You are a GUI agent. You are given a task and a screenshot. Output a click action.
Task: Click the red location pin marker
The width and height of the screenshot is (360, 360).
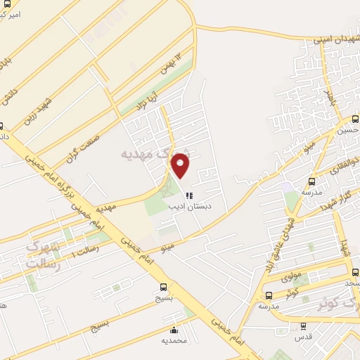click(x=181, y=165)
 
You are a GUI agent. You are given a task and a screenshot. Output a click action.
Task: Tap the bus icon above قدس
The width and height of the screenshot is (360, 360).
click(x=303, y=326)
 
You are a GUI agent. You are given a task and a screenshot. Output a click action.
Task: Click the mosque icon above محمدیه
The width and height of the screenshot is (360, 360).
click(x=174, y=330)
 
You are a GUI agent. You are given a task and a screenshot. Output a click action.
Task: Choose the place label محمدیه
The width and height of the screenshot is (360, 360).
click(x=174, y=341)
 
